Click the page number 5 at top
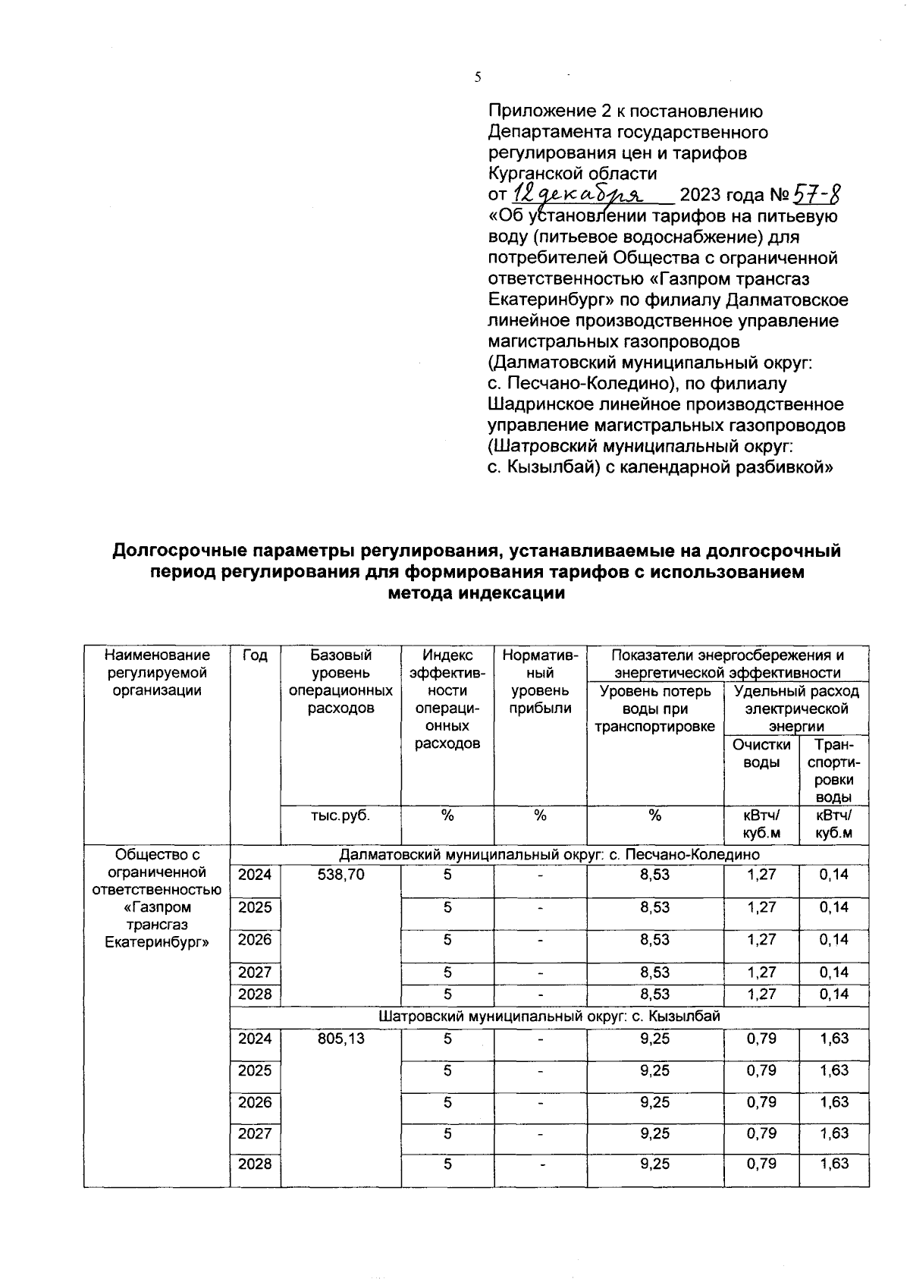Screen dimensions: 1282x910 tap(477, 77)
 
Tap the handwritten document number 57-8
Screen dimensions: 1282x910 tap(817, 196)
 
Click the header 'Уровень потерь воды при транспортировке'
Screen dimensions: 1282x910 tap(655, 709)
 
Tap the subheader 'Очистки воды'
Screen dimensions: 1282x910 tap(761, 754)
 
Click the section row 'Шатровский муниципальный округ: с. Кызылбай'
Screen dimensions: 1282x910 tap(549, 1016)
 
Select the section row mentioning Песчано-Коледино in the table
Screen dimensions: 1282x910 tap(549, 855)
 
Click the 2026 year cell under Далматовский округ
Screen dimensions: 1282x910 tap(255, 940)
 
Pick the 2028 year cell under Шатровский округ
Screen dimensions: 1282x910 tap(255, 1164)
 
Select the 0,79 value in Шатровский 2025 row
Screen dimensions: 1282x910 tap(761, 1070)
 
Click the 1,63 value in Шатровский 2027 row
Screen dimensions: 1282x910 tap(834, 1133)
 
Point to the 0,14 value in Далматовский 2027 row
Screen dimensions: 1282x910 tap(834, 972)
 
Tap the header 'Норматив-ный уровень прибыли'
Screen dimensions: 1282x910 tap(540, 682)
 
